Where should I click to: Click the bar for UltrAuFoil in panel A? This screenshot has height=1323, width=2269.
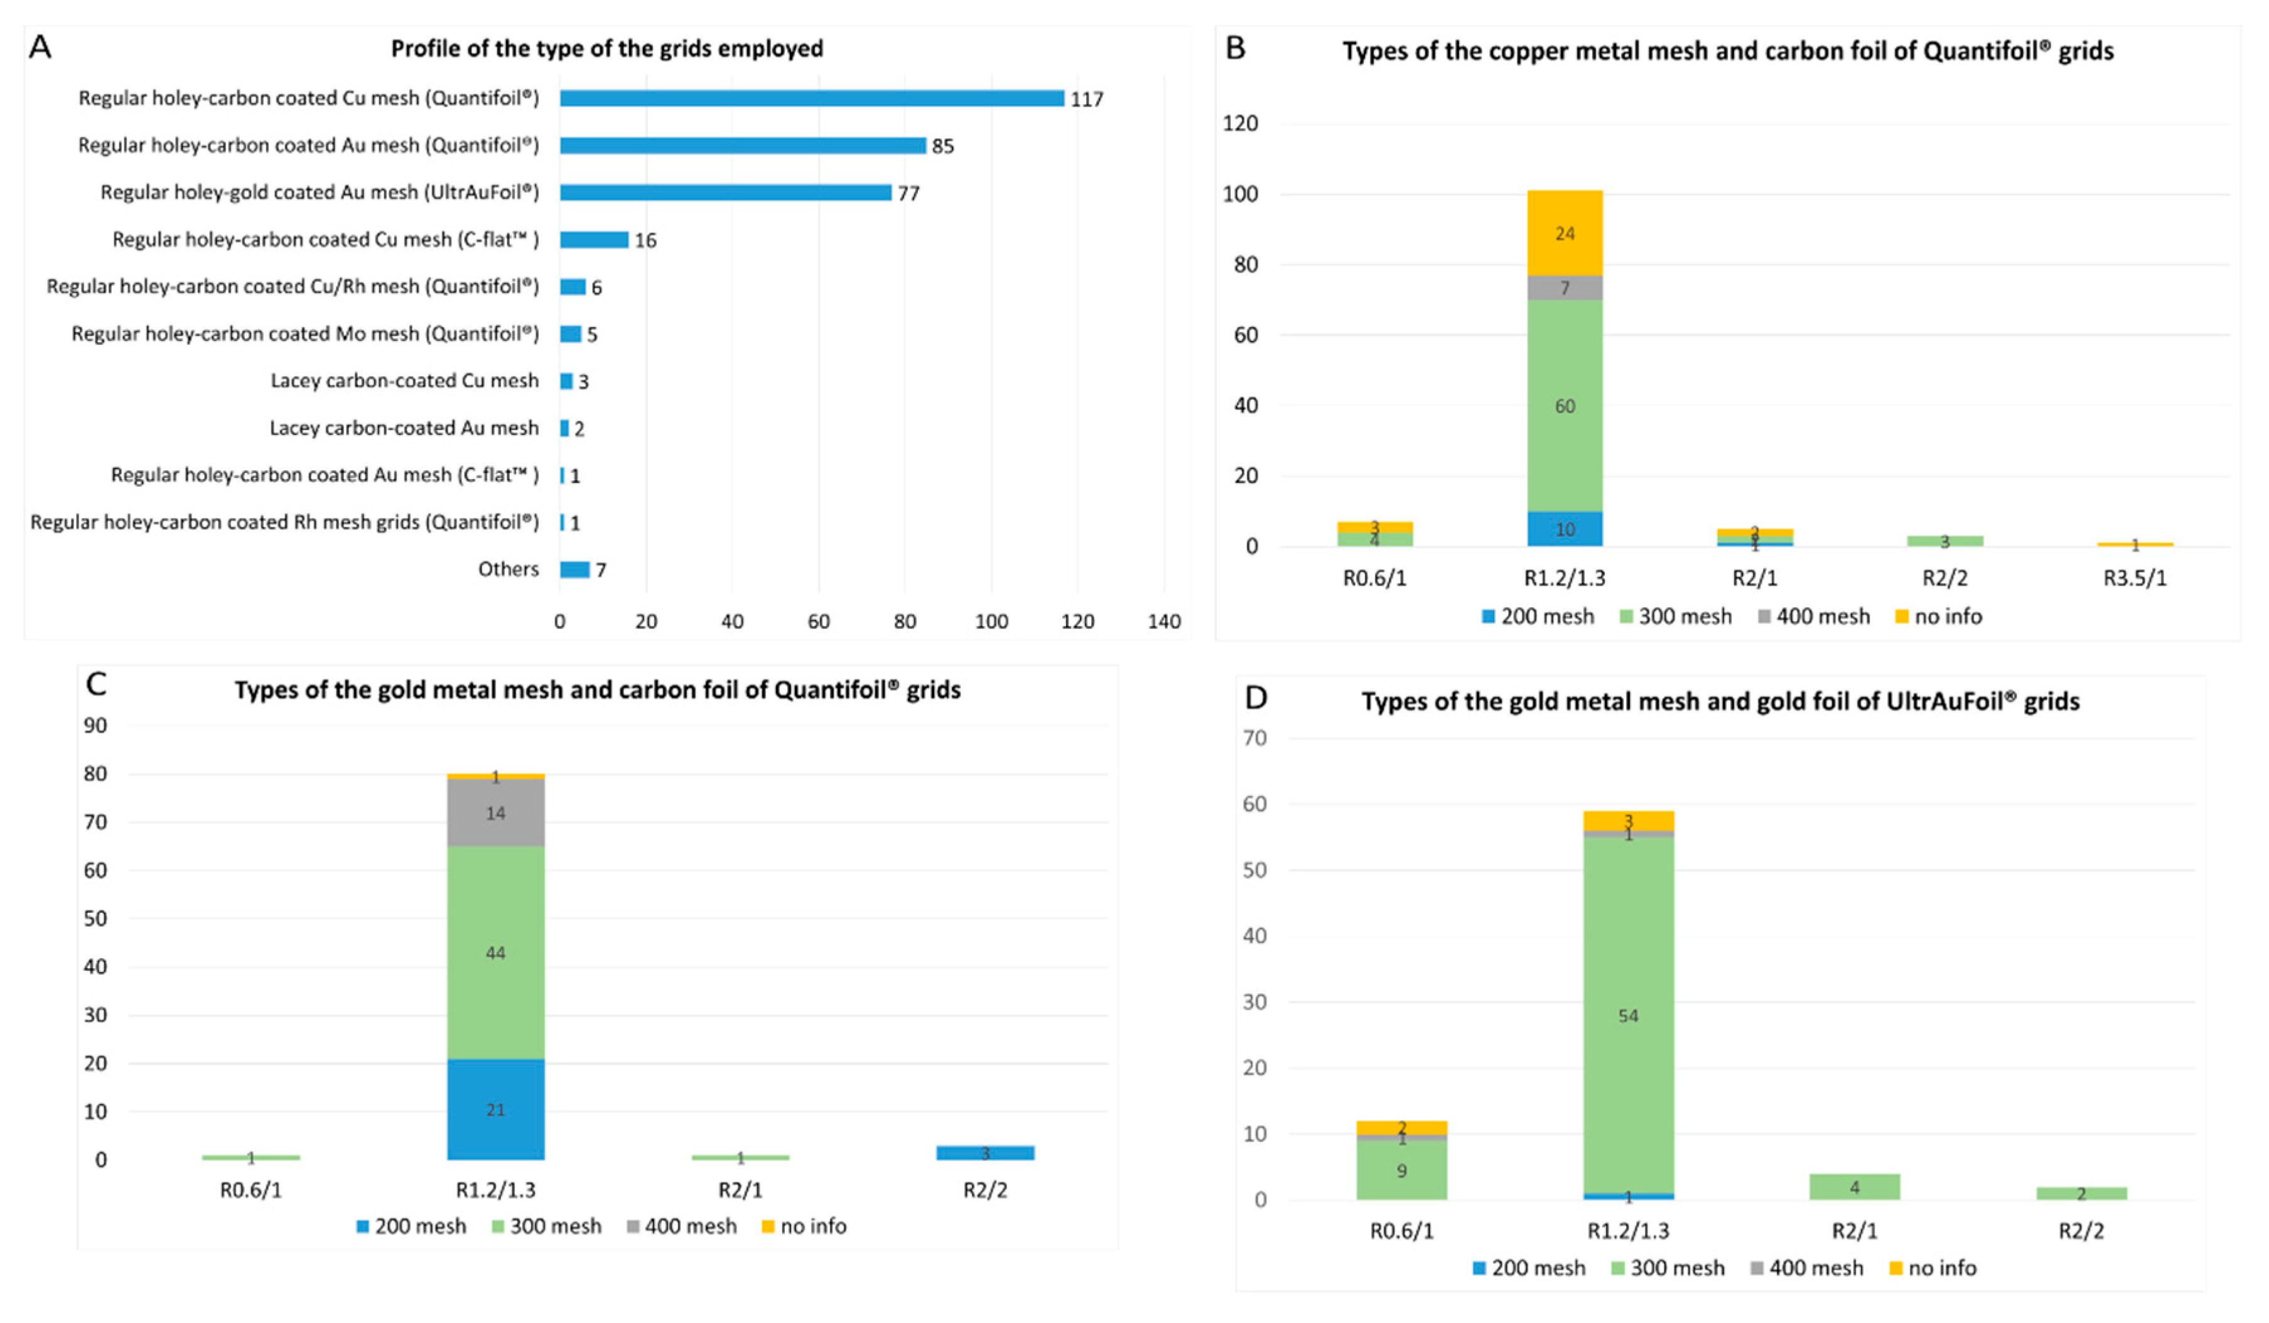point(725,193)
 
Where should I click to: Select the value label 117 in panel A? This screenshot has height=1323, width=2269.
point(1086,99)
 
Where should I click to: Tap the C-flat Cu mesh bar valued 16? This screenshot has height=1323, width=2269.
point(593,240)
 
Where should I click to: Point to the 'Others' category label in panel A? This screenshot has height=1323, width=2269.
point(508,569)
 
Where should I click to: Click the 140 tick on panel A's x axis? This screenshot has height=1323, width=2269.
point(1163,622)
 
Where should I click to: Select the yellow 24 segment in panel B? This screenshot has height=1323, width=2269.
point(1565,233)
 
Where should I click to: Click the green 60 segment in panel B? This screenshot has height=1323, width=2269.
point(1565,406)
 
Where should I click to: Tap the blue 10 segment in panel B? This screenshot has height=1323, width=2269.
point(1565,529)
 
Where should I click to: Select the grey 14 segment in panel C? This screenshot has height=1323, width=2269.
point(495,813)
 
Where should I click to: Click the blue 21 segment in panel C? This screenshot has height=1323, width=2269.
point(495,1110)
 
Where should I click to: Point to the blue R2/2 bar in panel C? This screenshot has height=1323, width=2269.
point(985,1153)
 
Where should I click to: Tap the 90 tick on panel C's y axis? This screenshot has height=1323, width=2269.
point(95,726)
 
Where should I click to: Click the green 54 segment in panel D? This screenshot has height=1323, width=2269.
point(1628,1016)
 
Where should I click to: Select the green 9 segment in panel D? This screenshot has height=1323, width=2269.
point(1401,1171)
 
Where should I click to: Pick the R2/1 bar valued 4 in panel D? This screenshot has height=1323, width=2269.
point(1854,1187)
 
